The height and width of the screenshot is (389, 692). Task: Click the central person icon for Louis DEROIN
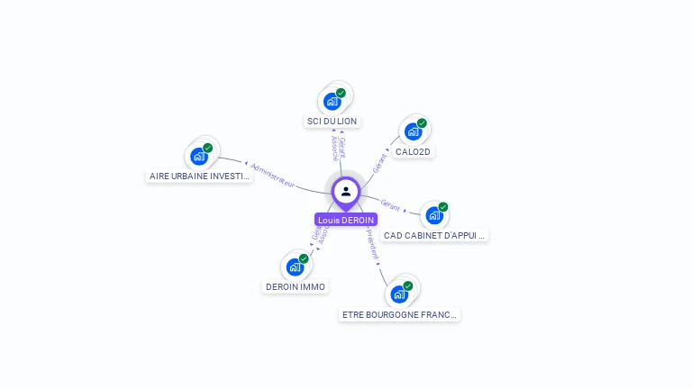tap(346, 192)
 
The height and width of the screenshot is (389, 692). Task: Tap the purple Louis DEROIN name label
tap(346, 220)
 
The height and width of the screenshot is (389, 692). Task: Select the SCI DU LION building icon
tap(332, 101)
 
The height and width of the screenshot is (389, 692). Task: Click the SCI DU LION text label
tap(332, 121)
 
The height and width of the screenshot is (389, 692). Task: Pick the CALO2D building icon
tap(413, 131)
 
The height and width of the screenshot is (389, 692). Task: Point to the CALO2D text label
tap(413, 151)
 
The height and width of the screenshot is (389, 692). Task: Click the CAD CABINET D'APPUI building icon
tap(434, 215)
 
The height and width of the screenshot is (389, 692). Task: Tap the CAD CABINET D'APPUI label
tap(434, 235)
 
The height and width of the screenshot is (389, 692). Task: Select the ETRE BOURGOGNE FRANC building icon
tap(399, 294)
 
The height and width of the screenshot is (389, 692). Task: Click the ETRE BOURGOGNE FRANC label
tap(400, 314)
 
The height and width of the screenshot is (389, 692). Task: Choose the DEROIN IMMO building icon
tap(295, 267)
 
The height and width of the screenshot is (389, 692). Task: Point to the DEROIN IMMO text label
tap(295, 286)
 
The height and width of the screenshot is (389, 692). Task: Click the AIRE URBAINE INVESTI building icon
tap(199, 156)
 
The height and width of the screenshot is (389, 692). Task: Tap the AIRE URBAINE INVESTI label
tap(199, 176)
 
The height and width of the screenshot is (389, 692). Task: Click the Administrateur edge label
tap(273, 174)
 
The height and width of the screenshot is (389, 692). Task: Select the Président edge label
tap(373, 243)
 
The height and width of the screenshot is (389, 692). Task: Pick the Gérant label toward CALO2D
tap(379, 162)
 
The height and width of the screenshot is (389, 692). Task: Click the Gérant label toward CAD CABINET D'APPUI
tap(390, 205)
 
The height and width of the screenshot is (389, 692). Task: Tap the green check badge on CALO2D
tap(422, 123)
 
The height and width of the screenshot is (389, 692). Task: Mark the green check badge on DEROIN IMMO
tap(304, 258)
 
